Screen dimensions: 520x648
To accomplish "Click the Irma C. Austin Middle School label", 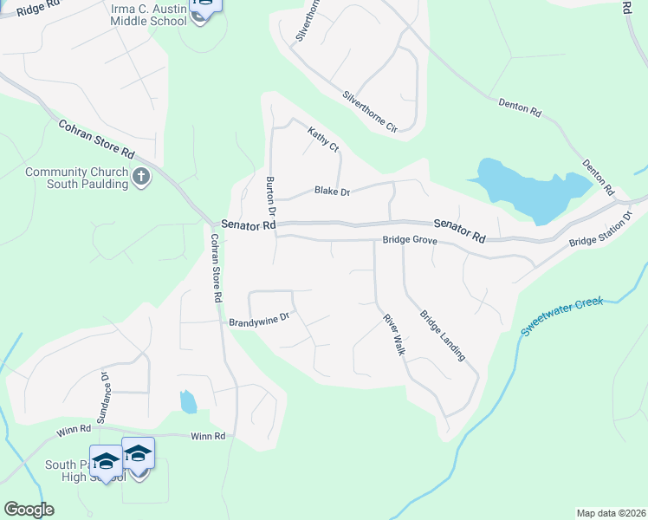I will (149, 15).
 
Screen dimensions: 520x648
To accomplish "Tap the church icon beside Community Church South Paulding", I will (142, 178).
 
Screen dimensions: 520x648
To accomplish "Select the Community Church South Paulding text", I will (76, 178).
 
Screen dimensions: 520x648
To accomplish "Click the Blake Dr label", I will (331, 191).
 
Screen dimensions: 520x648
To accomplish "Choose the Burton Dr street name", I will (270, 197).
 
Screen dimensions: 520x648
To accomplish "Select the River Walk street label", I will (395, 331).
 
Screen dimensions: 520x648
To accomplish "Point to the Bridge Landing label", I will (443, 335).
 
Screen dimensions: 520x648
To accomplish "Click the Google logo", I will (29, 510).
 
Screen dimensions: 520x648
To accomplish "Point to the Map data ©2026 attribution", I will (610, 513).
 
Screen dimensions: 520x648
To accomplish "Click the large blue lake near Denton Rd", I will (527, 191).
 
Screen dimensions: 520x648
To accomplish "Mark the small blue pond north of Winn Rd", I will (188, 401).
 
